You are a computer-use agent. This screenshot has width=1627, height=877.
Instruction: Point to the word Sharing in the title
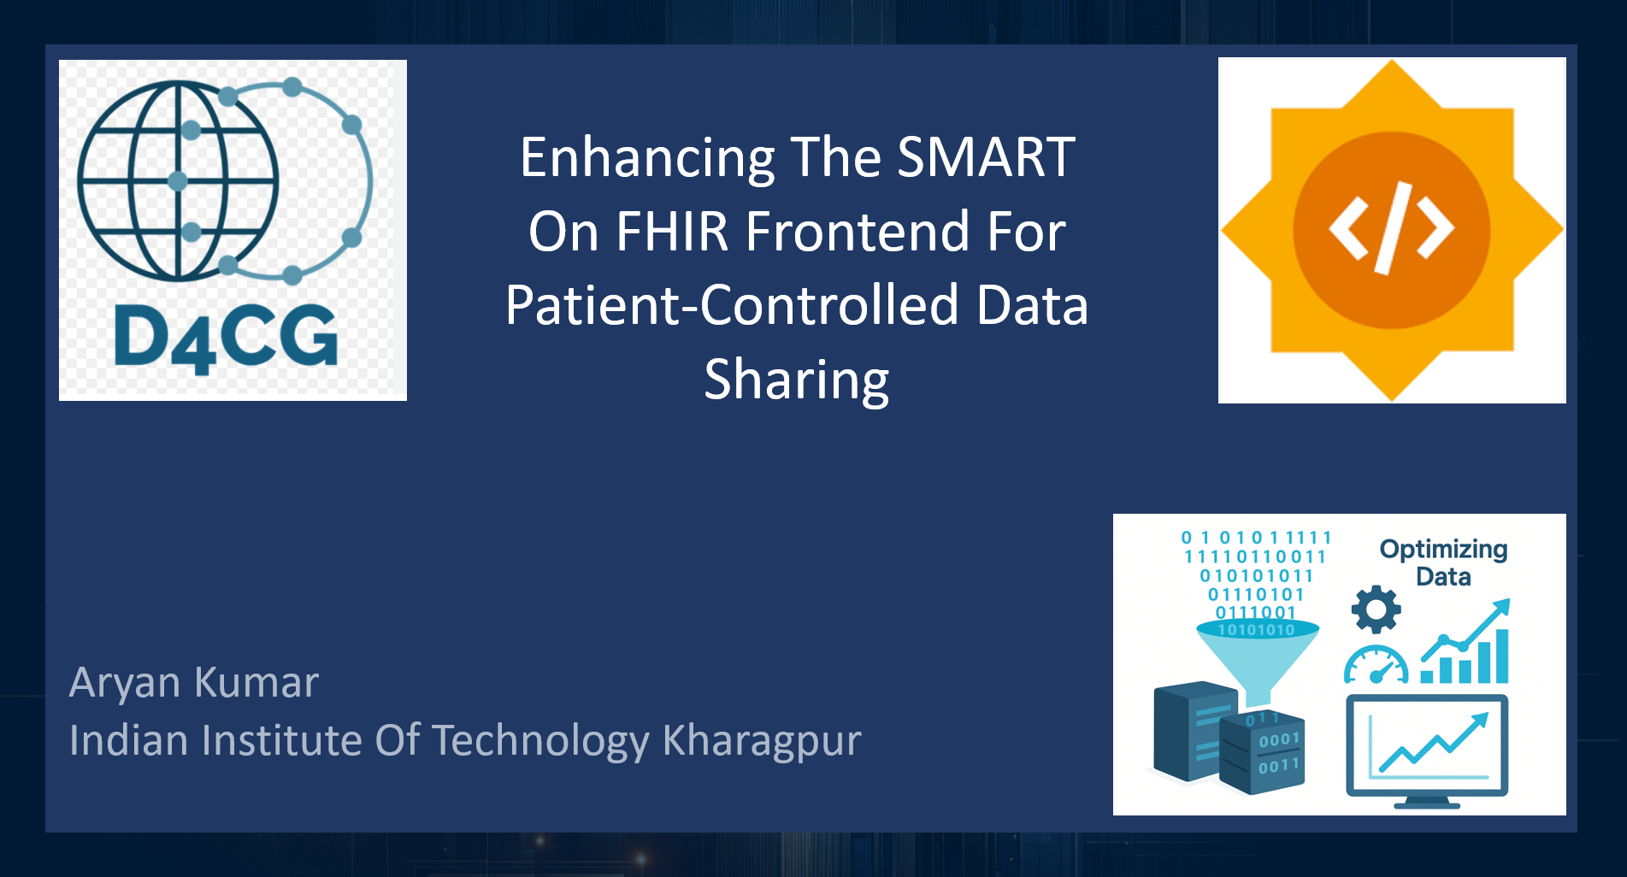coord(797,381)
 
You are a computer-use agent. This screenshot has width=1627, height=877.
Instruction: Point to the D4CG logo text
coord(226,338)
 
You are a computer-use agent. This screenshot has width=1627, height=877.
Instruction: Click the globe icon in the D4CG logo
coord(178,180)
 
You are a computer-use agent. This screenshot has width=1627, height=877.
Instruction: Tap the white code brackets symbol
coord(1391,228)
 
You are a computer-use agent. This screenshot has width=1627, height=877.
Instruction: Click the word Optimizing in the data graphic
coord(1443,550)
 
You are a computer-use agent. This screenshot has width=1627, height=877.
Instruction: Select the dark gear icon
coord(1376,609)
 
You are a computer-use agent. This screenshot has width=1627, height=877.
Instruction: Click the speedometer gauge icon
coord(1376,666)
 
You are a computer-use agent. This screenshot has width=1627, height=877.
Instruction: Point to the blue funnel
coord(1257,657)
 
